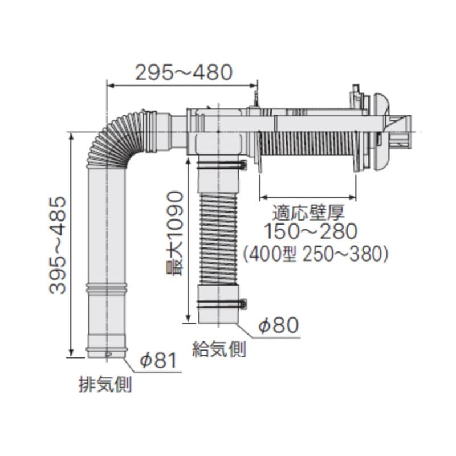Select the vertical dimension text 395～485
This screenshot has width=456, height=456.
58,245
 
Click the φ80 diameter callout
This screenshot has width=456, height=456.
278,325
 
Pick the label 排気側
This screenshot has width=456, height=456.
105,385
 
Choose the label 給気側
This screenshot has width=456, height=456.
219,349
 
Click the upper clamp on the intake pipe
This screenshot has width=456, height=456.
221,166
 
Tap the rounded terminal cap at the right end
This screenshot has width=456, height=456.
381,132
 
